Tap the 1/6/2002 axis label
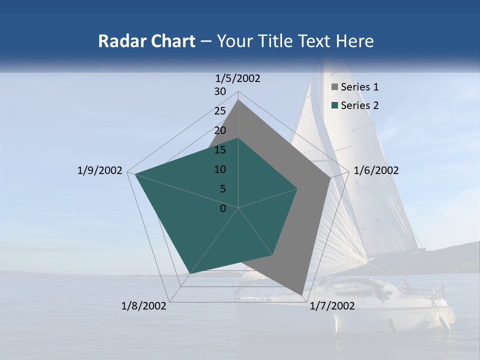pos(376,170)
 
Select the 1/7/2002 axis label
pos(332,306)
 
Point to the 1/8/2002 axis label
pos(144,306)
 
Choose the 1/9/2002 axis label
pos(99,170)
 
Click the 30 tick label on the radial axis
pos(220,91)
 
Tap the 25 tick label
pos(220,111)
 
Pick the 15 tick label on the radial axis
pos(220,150)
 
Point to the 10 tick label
pos(220,169)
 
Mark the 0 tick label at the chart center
pos(223,208)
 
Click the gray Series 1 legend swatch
pos(334,87)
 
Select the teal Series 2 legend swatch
pos(334,105)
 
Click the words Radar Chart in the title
pos(146,41)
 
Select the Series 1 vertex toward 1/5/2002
pos(238,99)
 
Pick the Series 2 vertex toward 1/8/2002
pos(189,274)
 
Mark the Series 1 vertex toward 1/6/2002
pos(330,177)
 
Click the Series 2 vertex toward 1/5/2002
pos(238,138)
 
